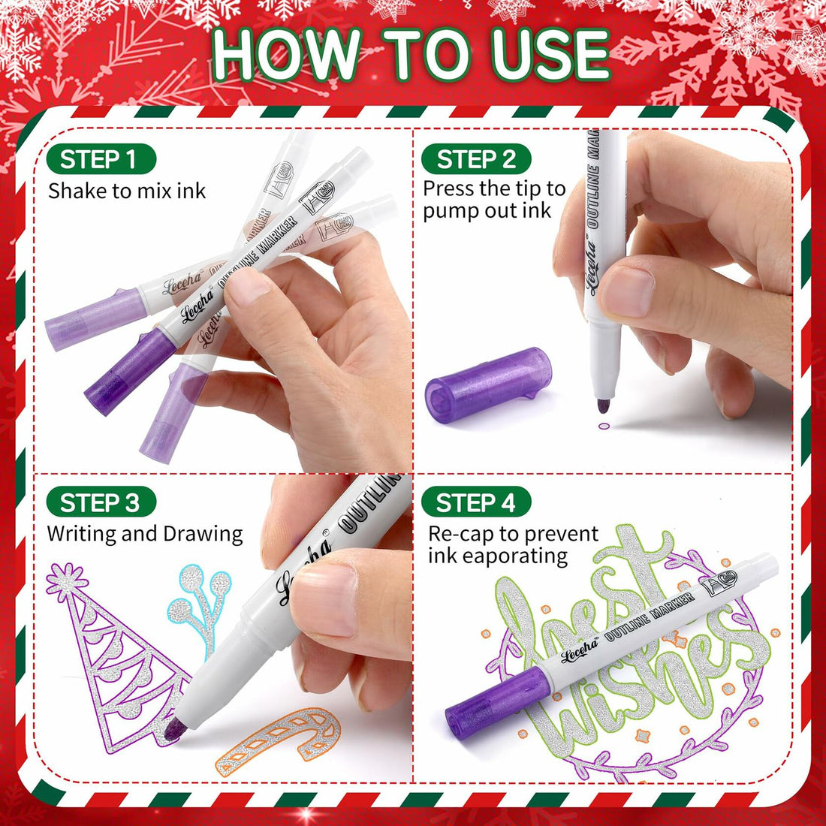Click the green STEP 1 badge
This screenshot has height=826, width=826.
(x=100, y=159)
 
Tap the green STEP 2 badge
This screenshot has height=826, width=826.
(x=476, y=159)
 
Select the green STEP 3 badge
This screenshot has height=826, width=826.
(x=100, y=502)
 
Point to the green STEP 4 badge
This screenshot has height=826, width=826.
(x=476, y=502)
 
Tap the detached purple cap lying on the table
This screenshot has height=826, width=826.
(x=489, y=383)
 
